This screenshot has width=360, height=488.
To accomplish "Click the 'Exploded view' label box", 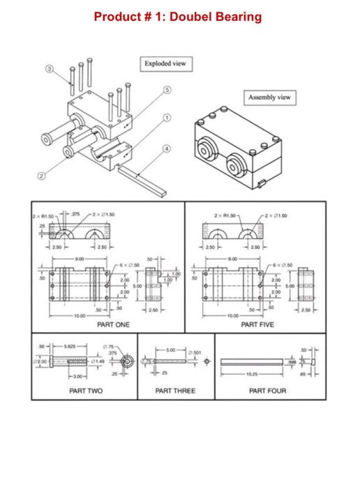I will (x=165, y=64).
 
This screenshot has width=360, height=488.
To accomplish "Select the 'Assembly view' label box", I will (x=269, y=98).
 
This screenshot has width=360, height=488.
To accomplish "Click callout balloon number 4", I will (x=166, y=148).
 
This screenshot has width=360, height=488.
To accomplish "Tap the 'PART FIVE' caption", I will (x=257, y=324).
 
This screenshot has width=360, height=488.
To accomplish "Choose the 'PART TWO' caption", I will (x=87, y=390).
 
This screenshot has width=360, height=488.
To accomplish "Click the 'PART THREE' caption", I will (x=176, y=390).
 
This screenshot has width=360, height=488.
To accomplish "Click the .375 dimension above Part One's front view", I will (x=77, y=214).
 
